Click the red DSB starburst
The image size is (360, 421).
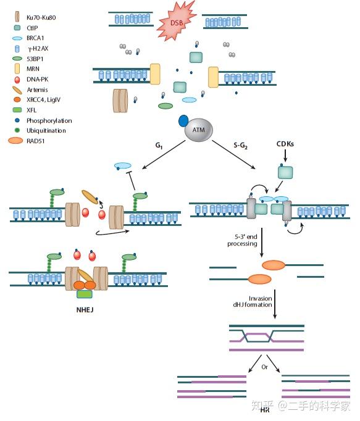[x=176, y=22]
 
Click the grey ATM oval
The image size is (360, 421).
[x=199, y=130]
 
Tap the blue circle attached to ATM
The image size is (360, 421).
[x=183, y=121]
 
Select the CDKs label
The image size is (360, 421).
[x=285, y=144]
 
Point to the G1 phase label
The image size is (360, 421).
[x=159, y=146]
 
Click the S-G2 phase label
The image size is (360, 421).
[x=240, y=146]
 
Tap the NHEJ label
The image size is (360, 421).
[x=85, y=310]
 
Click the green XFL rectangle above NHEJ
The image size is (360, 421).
[x=85, y=294]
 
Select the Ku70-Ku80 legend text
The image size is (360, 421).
[x=41, y=17]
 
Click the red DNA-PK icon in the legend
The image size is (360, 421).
[x=17, y=80]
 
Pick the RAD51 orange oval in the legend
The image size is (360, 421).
[x=15, y=141]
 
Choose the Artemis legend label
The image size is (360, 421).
[x=37, y=90]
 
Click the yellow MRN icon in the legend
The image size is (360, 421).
[x=17, y=69]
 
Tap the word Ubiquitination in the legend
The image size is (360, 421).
[x=46, y=130]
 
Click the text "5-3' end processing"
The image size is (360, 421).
[x=242, y=240]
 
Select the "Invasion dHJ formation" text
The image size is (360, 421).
[x=253, y=301]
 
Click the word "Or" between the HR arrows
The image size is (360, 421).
[x=264, y=367]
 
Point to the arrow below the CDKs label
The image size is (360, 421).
[x=285, y=155]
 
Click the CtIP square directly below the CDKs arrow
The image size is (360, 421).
[x=285, y=172]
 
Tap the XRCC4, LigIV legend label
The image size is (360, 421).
[x=43, y=99]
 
